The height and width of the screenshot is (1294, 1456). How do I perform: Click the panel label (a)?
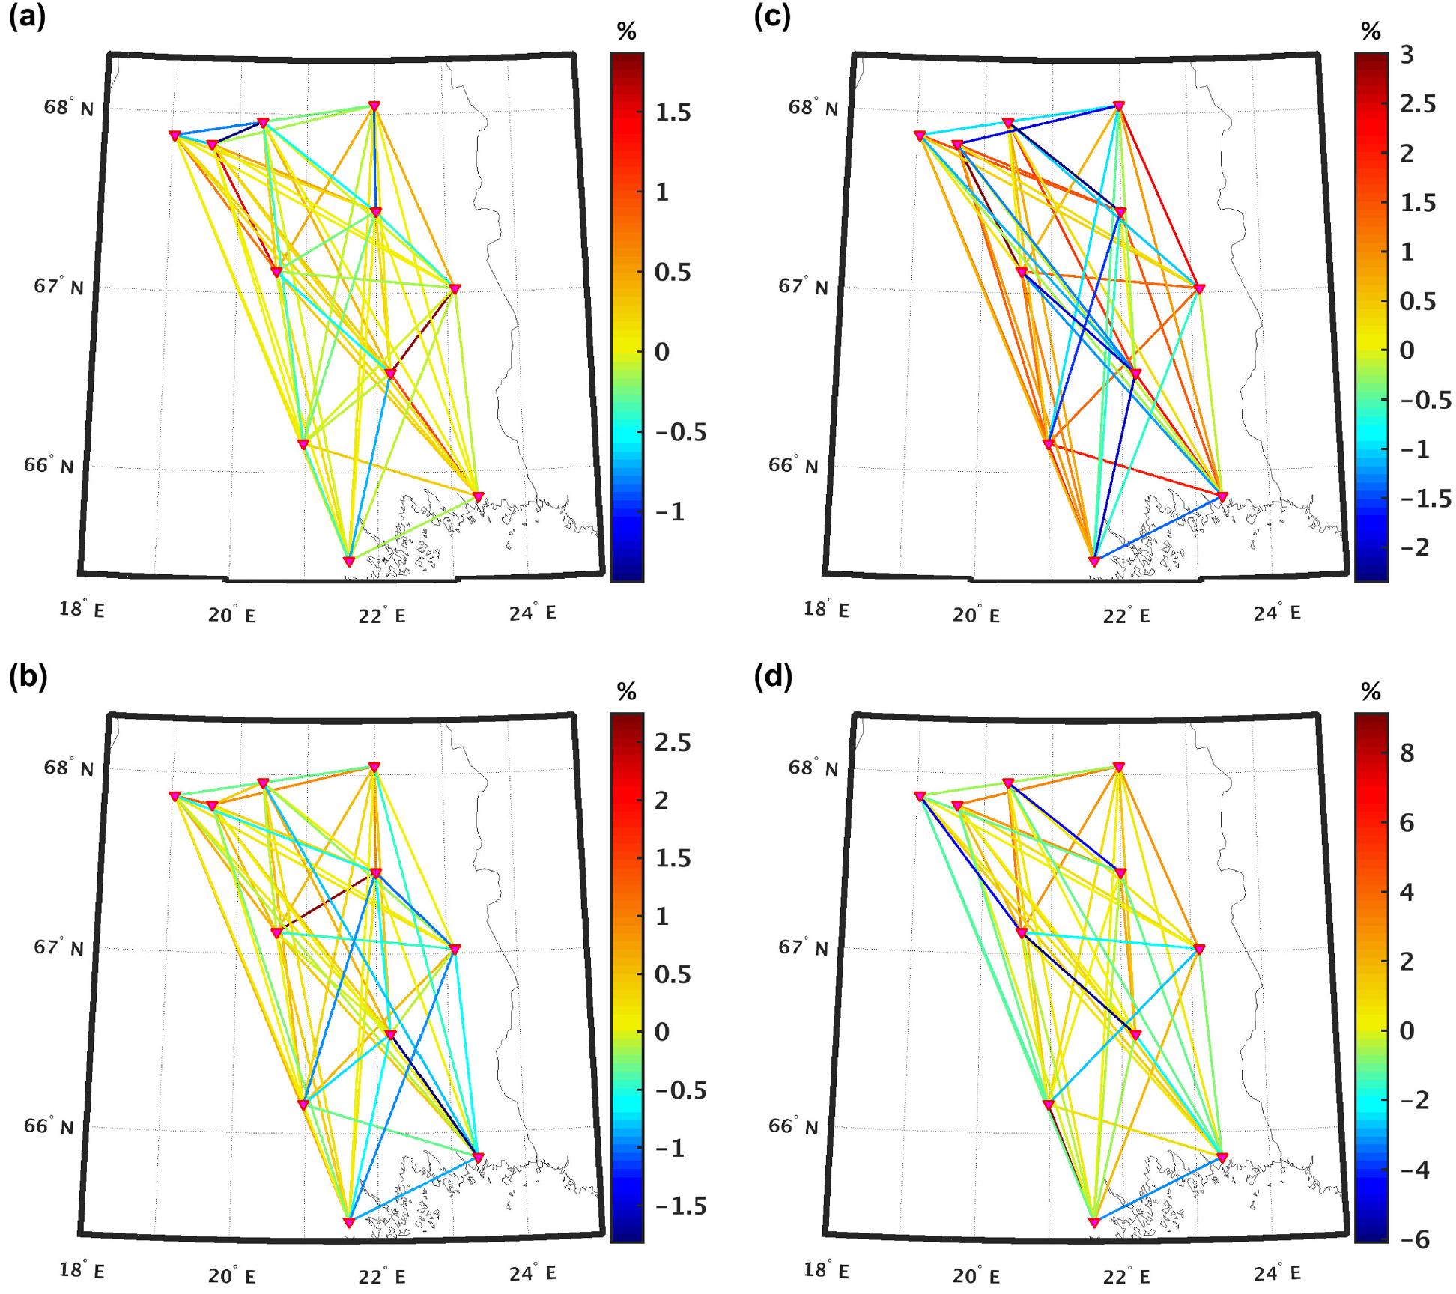coord(28,17)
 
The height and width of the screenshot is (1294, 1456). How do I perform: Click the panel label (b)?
coord(28,677)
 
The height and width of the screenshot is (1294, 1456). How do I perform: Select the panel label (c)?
coord(772,17)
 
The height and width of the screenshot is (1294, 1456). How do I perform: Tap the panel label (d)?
coord(772,677)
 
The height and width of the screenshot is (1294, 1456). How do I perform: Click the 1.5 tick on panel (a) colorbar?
coord(672,113)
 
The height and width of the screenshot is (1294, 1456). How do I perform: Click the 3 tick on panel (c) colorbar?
coord(1406,55)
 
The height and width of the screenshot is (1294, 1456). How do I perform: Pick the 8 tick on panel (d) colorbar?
coord(1407,753)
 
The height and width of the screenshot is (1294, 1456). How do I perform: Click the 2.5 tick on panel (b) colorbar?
coord(672,743)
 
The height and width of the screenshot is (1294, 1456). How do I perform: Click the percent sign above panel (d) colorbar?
coord(1371,692)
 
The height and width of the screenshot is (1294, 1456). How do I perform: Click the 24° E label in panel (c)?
coord(1278,613)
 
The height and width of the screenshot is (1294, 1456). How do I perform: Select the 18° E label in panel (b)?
coord(82,1271)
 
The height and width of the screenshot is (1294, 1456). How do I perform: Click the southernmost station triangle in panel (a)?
coord(348,562)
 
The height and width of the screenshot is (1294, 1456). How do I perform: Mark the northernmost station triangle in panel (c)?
coord(1119,106)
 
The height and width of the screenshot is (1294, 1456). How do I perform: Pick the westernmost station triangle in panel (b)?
coord(175,796)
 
